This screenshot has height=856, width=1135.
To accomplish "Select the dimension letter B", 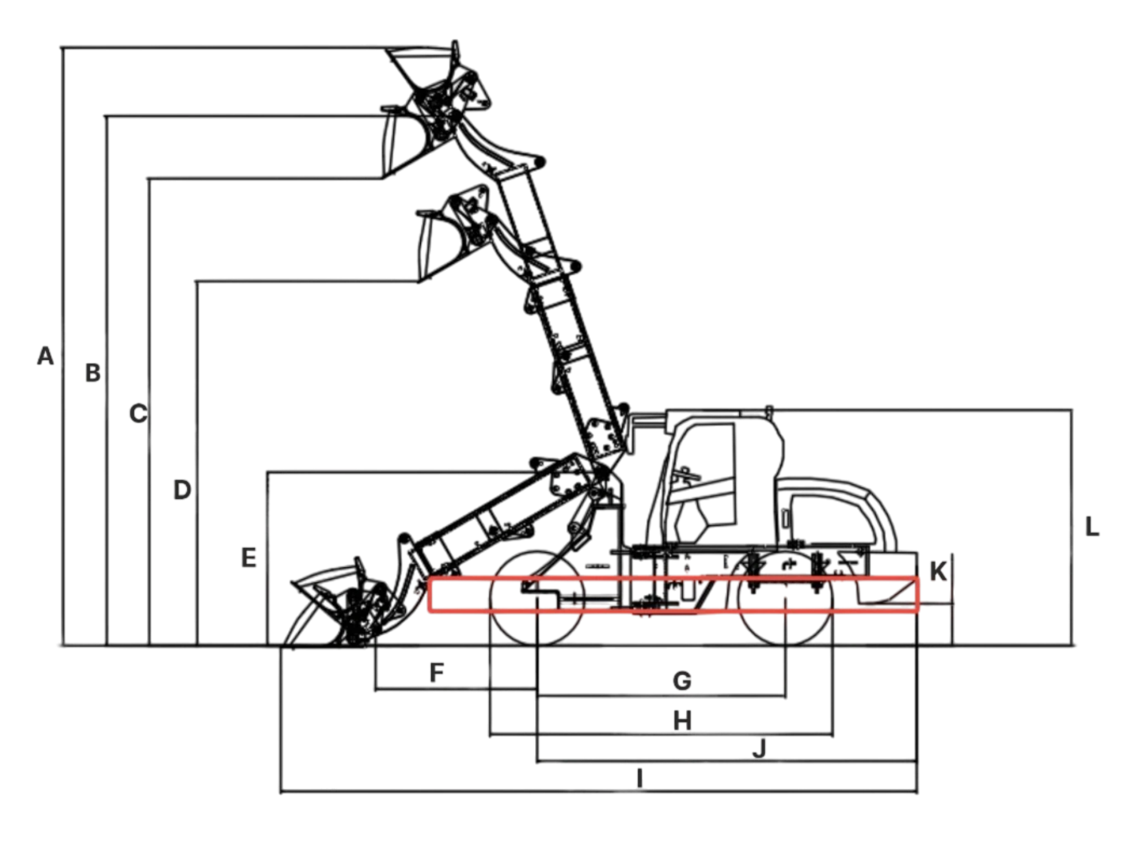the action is [x=93, y=373].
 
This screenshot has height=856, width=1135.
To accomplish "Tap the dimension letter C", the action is [x=138, y=414].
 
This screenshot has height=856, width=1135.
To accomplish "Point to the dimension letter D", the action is [x=182, y=490].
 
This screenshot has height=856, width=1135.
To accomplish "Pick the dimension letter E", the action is [x=249, y=558].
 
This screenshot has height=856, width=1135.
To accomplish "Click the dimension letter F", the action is [x=437, y=672].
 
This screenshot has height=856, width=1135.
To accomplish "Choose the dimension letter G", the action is [x=682, y=681].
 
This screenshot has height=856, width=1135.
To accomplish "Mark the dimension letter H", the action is [x=682, y=721].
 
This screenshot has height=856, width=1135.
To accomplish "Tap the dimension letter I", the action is [x=640, y=779].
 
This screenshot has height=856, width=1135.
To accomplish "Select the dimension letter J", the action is [x=760, y=748].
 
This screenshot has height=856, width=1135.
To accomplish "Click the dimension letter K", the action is [x=938, y=572].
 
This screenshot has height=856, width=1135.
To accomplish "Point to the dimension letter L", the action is [x=1092, y=527].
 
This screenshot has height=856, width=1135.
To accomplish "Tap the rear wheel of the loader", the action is [x=786, y=599].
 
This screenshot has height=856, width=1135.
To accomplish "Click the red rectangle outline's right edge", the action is [x=918, y=595].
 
